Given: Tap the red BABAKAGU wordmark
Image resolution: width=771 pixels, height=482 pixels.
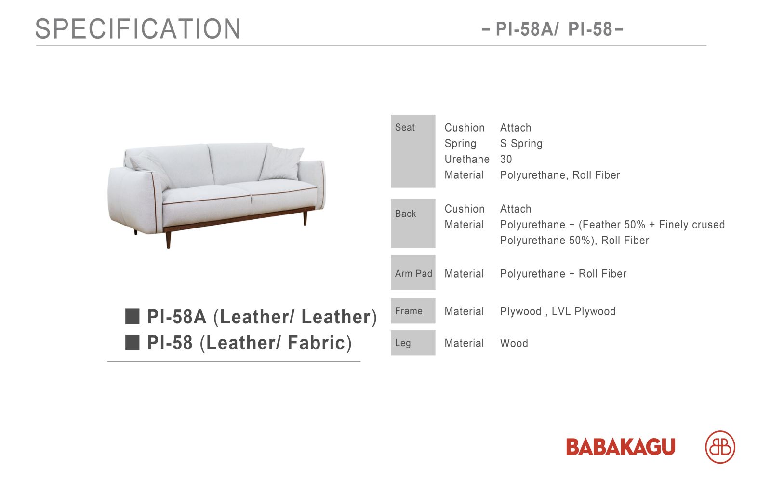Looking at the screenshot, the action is (621, 447).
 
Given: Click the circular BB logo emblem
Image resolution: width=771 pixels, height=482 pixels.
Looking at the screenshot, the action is (720, 447).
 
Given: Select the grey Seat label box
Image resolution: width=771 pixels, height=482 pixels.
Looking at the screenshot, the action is (413, 151).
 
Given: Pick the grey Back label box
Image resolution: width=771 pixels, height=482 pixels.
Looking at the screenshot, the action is (413, 223).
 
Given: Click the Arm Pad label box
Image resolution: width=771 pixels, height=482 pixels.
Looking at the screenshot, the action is (413, 272).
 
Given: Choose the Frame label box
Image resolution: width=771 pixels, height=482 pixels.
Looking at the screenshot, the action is (413, 311).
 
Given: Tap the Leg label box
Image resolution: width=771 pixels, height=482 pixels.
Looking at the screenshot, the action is (413, 343).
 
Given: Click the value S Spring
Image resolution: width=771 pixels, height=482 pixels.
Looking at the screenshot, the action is (521, 144).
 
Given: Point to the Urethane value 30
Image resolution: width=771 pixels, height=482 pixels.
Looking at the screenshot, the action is (506, 159).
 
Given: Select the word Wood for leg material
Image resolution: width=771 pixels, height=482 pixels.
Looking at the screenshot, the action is (514, 343).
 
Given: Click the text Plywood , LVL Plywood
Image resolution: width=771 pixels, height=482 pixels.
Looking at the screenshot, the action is (558, 311).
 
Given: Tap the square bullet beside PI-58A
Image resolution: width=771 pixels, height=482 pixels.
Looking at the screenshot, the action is (132, 316).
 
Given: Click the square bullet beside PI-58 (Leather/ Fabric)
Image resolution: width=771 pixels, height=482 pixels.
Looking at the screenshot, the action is (132, 342).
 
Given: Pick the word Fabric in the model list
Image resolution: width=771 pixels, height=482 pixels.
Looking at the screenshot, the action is (316, 343).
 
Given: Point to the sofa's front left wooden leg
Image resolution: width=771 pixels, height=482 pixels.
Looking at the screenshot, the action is (168, 240).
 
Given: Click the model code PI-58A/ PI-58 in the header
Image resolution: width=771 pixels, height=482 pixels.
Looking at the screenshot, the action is (554, 29).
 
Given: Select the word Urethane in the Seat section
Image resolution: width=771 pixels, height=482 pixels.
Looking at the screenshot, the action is (467, 159).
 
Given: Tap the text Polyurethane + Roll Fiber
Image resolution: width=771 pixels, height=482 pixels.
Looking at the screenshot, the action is (563, 274).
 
